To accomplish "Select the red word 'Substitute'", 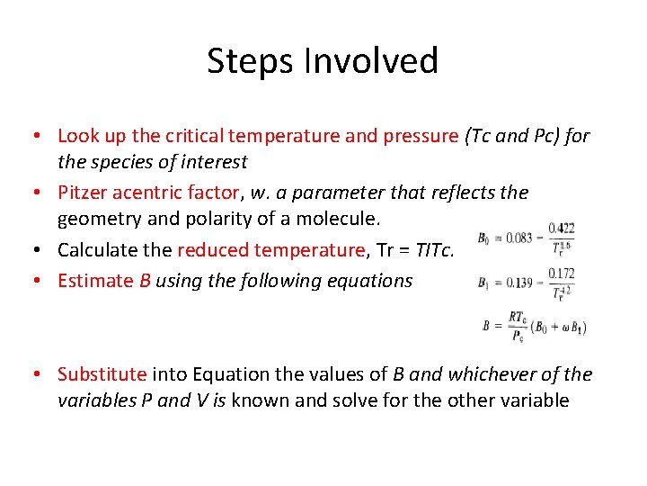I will coord(102,373).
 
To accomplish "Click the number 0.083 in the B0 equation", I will coord(511,238).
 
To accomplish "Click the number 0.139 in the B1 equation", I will coord(511,282).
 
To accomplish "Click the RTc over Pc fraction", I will coord(517,326).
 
